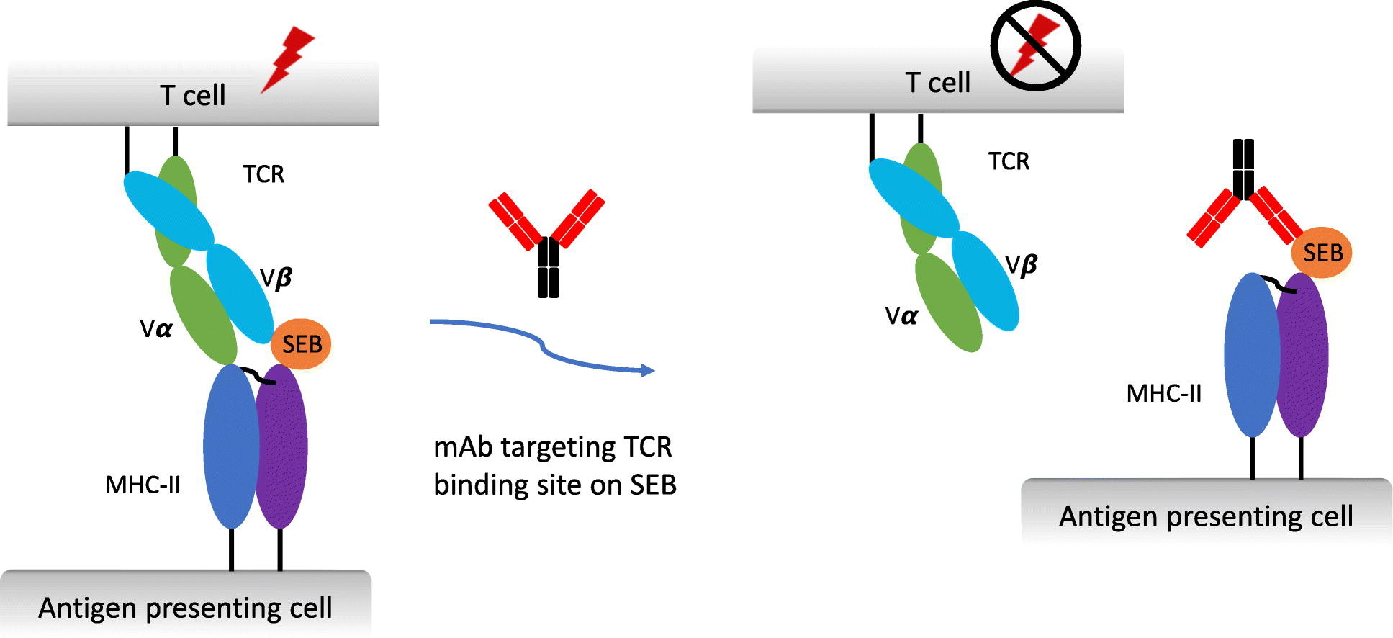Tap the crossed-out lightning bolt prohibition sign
(x=1035, y=45)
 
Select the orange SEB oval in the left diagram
(x=301, y=344)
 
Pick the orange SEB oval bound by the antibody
(x=1322, y=253)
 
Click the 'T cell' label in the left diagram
(x=192, y=95)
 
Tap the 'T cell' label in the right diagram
(x=937, y=83)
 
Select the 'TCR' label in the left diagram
(x=263, y=174)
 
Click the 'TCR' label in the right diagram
(x=1009, y=161)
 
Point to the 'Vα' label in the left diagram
(x=156, y=329)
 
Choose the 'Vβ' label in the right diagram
(x=1020, y=266)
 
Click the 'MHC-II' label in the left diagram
(x=143, y=485)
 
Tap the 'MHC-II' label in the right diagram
(x=1163, y=393)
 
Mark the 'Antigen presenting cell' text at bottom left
(x=185, y=608)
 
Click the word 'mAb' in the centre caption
(x=463, y=447)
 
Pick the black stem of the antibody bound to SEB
(x=1243, y=169)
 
